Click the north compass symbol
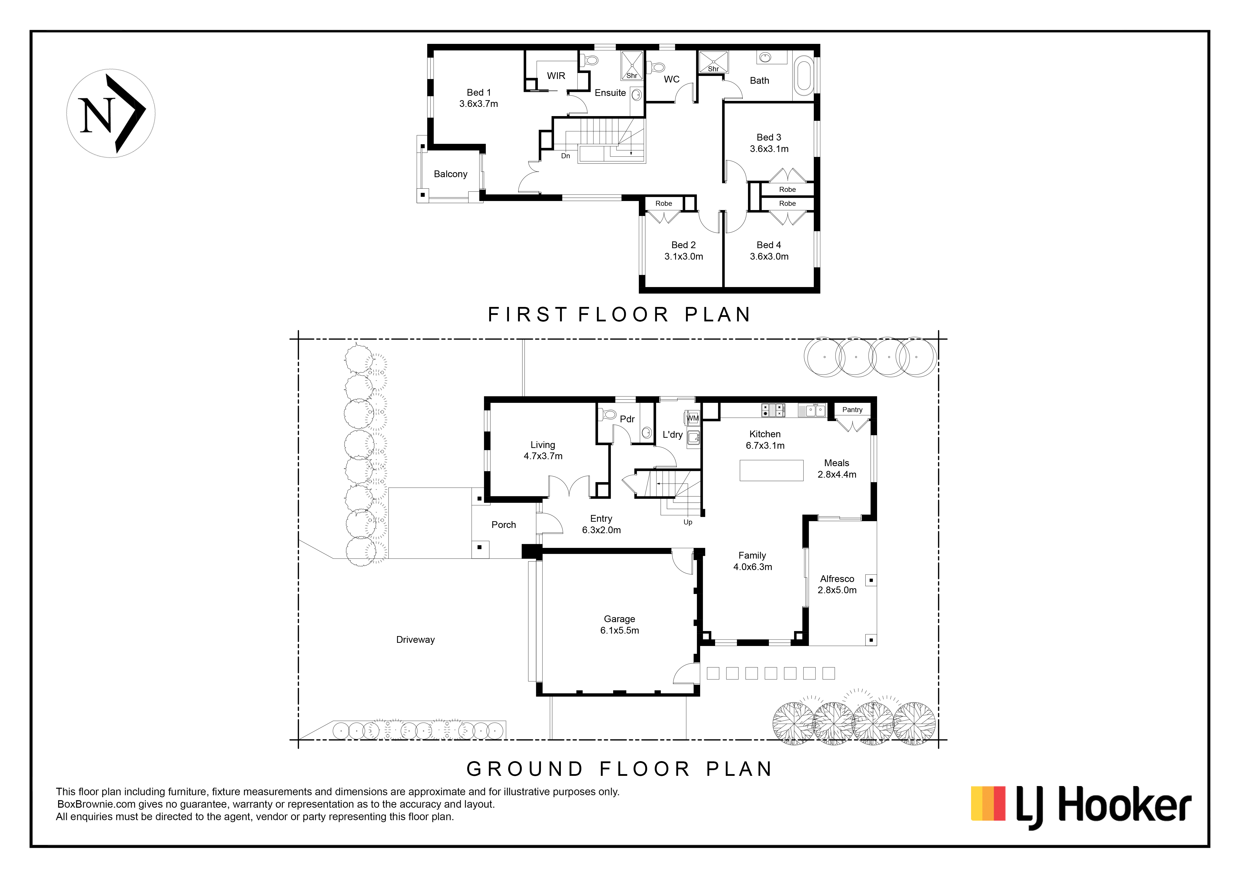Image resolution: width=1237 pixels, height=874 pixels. click(111, 114)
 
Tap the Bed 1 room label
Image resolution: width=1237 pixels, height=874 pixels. click(478, 93)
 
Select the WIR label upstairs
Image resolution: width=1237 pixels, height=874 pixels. click(556, 76)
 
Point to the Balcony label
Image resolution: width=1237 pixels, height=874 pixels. click(450, 174)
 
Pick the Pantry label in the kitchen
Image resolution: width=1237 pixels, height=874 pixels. click(852, 410)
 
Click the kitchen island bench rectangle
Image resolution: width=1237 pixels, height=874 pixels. click(771, 470)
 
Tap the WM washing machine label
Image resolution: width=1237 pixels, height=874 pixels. click(693, 418)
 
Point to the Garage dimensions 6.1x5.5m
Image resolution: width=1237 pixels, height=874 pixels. click(620, 631)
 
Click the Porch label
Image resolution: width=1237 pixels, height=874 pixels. click(504, 525)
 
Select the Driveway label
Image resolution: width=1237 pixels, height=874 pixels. click(415, 640)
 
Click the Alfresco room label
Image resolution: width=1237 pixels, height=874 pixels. click(837, 579)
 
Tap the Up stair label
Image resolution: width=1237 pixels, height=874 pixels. click(688, 522)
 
